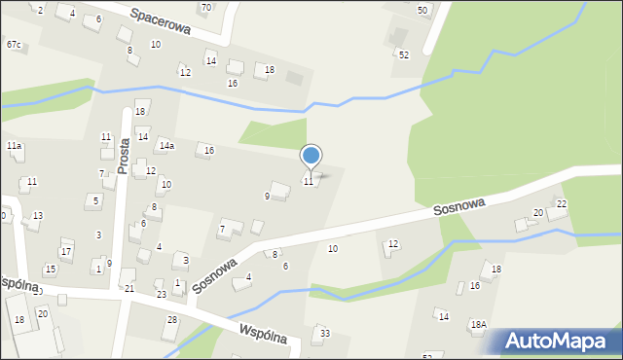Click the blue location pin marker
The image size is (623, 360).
[311, 156]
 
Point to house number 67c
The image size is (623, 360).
[14, 45]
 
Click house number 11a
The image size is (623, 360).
[14, 146]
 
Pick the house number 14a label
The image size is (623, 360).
[166, 146]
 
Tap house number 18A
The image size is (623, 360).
[478, 325]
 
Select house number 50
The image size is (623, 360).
[422, 10]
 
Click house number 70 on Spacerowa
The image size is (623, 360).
[205, 8]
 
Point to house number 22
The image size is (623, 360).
[561, 203]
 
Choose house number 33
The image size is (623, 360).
[324, 334]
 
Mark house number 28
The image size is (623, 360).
[172, 320]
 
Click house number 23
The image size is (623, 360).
[162, 294]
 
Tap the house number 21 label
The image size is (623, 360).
[129, 289]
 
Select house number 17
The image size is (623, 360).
[66, 252]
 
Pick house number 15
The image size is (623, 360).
[50, 270]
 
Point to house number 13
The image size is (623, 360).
[37, 216]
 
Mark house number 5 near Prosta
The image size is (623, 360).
[94, 201]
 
